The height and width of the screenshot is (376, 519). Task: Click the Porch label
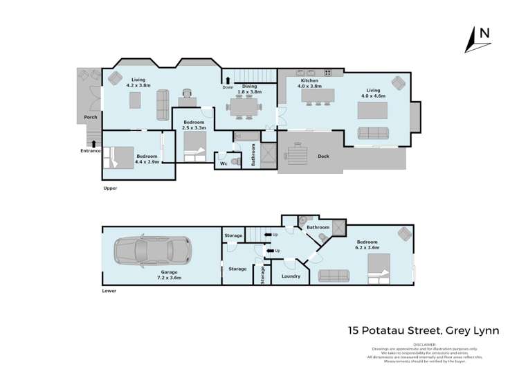coord(90,118)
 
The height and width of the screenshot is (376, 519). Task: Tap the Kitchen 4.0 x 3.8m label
coord(309,84)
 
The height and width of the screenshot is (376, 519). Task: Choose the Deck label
coord(323,156)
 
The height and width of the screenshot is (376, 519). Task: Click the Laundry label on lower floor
coord(291,276)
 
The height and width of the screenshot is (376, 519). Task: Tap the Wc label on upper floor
coord(223,163)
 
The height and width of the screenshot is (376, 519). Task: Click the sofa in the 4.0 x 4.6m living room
coord(374,133)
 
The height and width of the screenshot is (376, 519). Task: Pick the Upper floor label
coord(109,188)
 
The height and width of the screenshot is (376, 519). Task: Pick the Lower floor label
coord(109,291)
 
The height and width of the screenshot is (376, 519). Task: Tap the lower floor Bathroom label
coord(318,227)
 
